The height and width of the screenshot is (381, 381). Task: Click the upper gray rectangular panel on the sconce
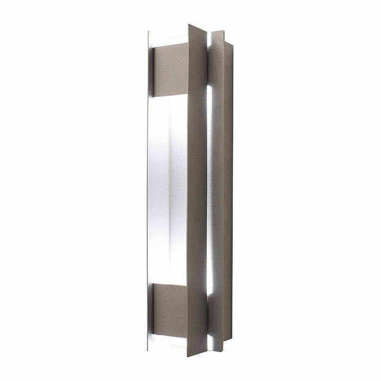tap(170, 70)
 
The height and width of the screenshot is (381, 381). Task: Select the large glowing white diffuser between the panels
tap(168, 188)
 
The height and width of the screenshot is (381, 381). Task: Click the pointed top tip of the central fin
tap(189, 24)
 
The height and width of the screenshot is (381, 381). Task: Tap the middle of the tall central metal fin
tap(196, 190)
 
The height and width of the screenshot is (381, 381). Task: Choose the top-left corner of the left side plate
tap(148, 32)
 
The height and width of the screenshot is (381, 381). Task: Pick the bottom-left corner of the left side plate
tap(147, 349)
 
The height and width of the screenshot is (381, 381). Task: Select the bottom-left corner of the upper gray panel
tap(154, 94)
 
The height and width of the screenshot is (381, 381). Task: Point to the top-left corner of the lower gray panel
tap(153, 283)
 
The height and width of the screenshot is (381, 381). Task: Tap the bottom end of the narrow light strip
tap(210, 294)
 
